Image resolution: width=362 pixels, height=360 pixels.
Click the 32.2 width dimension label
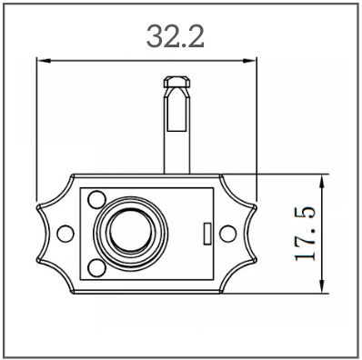coord(175,36)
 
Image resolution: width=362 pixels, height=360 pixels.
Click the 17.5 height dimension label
coord(305,234)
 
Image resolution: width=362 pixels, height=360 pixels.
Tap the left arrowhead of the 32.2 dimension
coord(43,61)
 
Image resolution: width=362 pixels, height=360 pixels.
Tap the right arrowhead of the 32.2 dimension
coord(250,61)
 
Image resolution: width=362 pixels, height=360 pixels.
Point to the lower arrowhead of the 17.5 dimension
coord(322,286)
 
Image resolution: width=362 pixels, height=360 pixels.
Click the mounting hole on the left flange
coord(65,233)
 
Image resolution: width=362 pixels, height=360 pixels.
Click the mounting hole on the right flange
coord(227,233)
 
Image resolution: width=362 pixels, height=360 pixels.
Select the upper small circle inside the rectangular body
coord(97,199)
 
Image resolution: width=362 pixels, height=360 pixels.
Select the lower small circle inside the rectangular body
coord(97,268)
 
